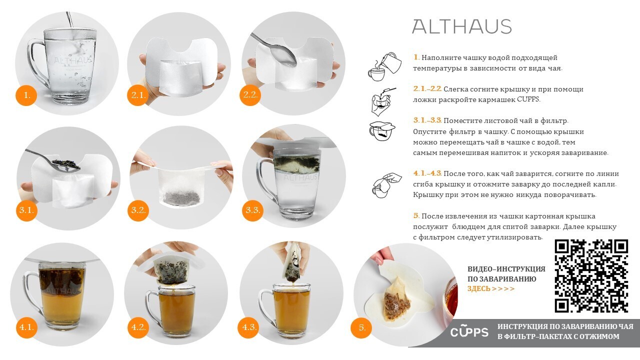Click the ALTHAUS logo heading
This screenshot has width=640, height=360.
pyautogui.click(x=461, y=26)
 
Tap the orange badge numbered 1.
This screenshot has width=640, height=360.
pyautogui.click(x=26, y=95)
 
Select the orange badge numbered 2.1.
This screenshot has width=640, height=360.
pyautogui.click(x=138, y=95)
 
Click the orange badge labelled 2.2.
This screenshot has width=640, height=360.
pyautogui.click(x=250, y=95)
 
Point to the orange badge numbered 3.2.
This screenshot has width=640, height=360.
pyautogui.click(x=138, y=210)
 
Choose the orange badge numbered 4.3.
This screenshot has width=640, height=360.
pyautogui.click(x=249, y=327)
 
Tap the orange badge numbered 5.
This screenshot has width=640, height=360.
pyautogui.click(x=362, y=327)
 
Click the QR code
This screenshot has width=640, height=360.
pyautogui.click(x=591, y=276)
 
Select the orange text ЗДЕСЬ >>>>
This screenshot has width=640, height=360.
pyautogui.click(x=491, y=288)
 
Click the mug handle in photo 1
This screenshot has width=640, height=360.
pyautogui.click(x=35, y=63)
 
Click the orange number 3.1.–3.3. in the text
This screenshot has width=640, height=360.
pyautogui.click(x=427, y=120)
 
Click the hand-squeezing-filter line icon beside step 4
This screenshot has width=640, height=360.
pyautogui.click(x=387, y=185)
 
